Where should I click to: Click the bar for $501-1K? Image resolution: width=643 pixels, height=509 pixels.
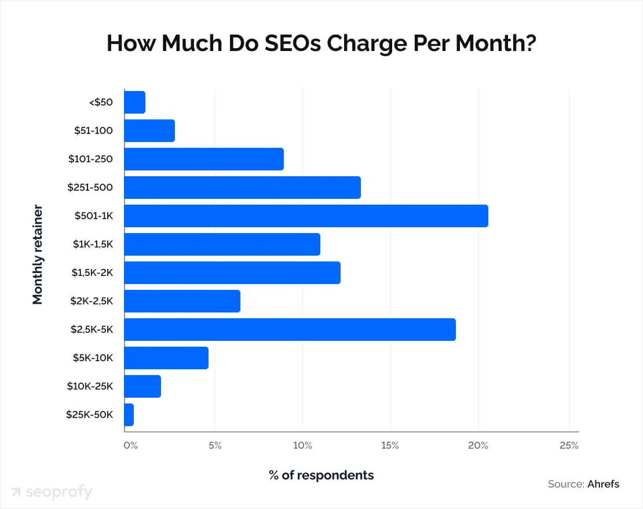coord(306,216)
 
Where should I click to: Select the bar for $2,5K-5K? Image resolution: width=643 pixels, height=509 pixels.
coord(290,329)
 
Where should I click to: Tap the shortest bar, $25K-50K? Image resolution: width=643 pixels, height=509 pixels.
coord(129,415)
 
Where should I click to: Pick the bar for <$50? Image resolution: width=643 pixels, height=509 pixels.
coord(134,102)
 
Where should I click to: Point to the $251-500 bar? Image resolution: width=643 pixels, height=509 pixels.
coord(242,188)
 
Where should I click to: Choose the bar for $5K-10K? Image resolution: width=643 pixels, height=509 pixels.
coord(166,358)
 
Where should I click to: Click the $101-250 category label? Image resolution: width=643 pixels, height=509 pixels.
coord(90,159)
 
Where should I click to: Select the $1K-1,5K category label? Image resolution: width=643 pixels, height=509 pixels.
coord(93,244)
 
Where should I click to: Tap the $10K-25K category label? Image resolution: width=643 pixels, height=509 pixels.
coord(90,386)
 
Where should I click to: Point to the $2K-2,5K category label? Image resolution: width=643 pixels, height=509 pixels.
coord(92,301)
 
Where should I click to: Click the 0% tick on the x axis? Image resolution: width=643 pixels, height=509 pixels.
coord(131,445)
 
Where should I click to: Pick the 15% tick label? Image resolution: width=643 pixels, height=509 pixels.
coord(390,445)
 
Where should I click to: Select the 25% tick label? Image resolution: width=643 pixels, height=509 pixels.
coord(569,445)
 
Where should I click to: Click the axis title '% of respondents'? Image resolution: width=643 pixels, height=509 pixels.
coord(321,475)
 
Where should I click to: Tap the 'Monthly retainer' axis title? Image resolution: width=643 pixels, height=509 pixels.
coord(38,254)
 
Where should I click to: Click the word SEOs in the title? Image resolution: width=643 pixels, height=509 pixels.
coord(293,43)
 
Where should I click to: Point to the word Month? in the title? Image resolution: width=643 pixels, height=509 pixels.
coord(496,43)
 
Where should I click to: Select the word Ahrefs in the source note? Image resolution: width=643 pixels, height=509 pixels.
coord(603,484)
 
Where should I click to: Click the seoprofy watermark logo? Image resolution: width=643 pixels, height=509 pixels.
coord(52,492)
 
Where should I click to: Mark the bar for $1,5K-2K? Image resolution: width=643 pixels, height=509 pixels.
coord(232,272)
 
